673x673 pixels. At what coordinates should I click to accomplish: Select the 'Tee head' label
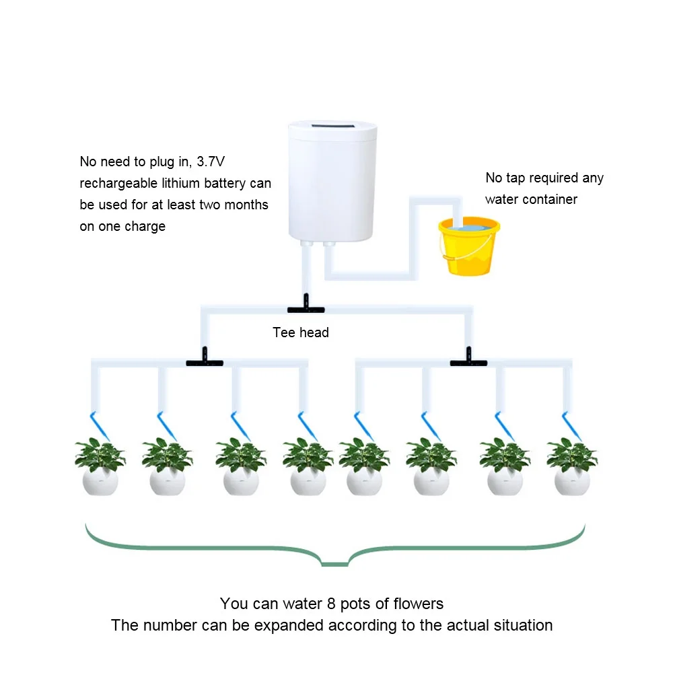[300, 332]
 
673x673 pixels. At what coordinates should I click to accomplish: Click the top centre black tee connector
[306, 308]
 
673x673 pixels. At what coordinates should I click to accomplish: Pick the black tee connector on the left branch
[204, 361]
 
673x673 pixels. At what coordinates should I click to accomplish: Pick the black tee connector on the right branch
[468, 361]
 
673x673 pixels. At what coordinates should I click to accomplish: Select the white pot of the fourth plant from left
[308, 482]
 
